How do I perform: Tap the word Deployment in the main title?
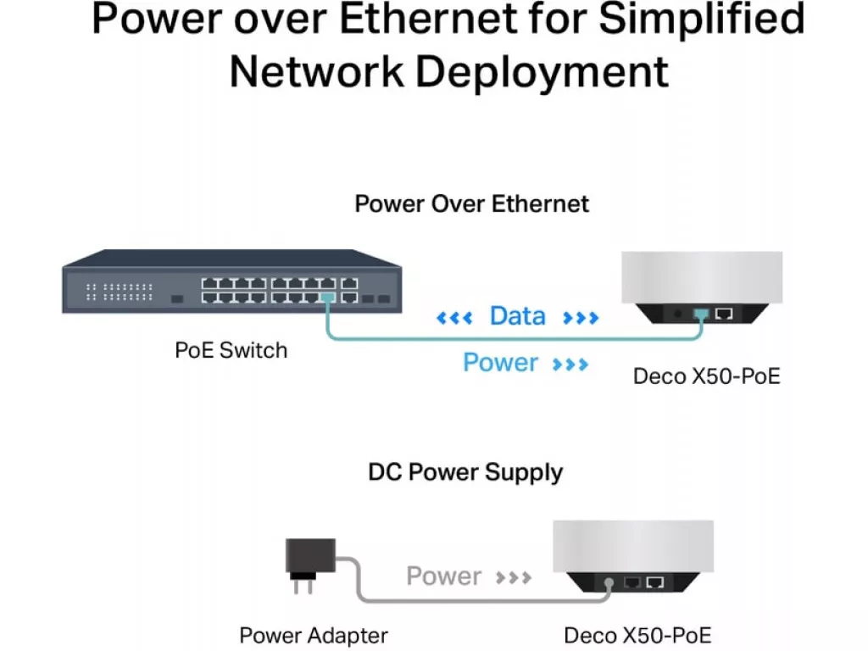coord(542,73)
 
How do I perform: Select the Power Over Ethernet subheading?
coord(471,203)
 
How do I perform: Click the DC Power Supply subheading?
coord(465,473)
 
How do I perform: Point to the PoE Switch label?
coord(231,350)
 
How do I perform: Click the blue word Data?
coord(518,316)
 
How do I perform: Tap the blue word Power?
coord(500,363)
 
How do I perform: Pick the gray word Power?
coord(443,576)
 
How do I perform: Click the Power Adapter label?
coord(314,636)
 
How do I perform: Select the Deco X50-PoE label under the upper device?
coord(706,376)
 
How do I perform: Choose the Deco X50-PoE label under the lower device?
coord(637,636)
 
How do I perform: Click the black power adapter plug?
coord(309,565)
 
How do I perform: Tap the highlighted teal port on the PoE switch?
coord(328,298)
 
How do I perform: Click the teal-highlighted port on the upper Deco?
coord(701,314)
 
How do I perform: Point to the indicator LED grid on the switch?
coord(119,292)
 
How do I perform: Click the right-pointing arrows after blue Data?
coord(581,318)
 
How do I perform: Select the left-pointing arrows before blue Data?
coord(454,318)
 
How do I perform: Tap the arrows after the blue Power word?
coord(570,364)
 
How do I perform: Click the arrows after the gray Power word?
coord(513,578)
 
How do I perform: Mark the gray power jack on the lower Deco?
coord(609,583)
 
